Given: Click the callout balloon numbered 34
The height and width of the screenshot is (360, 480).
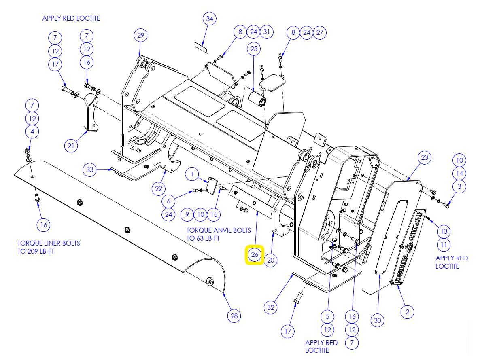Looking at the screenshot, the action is point(209,19).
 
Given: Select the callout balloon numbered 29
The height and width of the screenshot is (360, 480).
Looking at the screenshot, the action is point(140,35).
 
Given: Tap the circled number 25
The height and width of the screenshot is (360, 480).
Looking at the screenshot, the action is point(254,49).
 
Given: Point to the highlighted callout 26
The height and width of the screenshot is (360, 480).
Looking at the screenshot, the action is point(255,254).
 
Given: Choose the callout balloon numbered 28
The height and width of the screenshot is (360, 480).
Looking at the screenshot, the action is point(234,316).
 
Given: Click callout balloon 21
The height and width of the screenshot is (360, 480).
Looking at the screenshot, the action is point(71,146).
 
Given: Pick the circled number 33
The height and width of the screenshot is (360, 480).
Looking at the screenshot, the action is point(90,169).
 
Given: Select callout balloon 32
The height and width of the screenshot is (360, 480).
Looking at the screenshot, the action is point(271,307).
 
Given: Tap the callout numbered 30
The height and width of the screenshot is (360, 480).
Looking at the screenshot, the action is point(378,320).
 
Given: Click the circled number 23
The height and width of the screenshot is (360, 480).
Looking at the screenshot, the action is point(425,157).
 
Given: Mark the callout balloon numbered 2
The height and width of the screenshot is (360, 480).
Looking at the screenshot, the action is point(407,312).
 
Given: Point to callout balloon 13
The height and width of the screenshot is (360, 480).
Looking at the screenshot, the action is point(444,231).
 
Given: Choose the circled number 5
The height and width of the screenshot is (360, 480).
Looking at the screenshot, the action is point(327,316).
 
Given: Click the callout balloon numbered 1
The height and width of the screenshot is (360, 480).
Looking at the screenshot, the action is point(192,174).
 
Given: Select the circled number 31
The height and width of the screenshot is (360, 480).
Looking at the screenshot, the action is point(267,32).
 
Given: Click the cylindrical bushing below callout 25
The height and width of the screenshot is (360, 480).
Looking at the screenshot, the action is point(257,98).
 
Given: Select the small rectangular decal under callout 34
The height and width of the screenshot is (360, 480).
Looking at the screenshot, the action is point(201,47).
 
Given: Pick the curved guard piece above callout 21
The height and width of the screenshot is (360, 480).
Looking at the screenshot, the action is point(90,112).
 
